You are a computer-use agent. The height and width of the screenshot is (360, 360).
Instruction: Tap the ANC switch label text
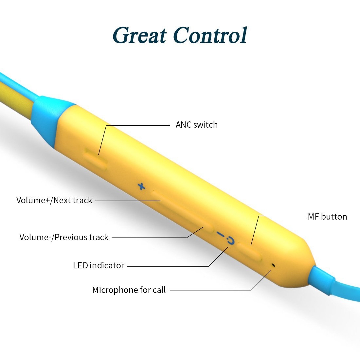(x=196, y=125)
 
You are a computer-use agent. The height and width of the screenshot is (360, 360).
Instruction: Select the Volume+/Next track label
(x=54, y=200)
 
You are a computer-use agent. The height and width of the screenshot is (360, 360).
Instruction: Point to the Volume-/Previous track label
(x=64, y=237)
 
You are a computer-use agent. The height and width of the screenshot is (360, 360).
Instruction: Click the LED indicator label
(x=99, y=265)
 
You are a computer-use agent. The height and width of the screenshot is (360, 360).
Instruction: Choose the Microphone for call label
(x=129, y=290)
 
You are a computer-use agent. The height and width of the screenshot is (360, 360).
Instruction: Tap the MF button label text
(x=327, y=217)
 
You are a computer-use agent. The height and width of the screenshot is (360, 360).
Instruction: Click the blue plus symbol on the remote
(x=141, y=187)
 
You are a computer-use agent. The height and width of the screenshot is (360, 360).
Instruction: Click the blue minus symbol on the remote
(x=220, y=235)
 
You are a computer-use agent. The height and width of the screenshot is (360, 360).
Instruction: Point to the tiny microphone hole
(x=273, y=264)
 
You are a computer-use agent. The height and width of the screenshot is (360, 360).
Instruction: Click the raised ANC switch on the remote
(x=96, y=159)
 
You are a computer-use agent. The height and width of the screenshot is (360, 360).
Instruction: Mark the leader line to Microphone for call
(x=209, y=290)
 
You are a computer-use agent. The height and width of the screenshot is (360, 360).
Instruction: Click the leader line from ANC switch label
(x=137, y=125)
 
